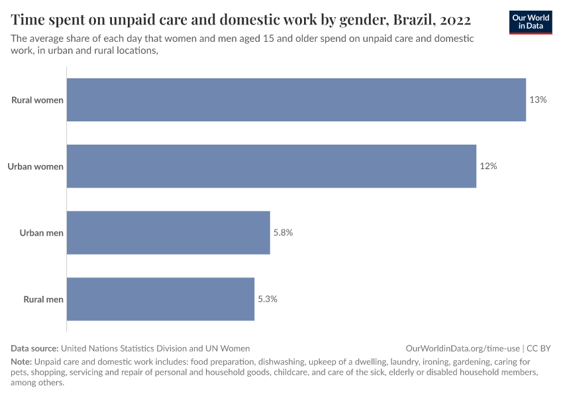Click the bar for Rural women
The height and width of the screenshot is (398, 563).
click(x=296, y=100)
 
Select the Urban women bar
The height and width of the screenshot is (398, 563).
click(x=272, y=166)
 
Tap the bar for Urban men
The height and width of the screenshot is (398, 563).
click(x=168, y=233)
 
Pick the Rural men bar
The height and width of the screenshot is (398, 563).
click(x=160, y=299)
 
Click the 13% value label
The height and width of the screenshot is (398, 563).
click(x=538, y=100)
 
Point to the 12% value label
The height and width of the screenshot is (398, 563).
click(x=488, y=166)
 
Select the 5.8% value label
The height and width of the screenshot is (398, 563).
click(x=283, y=233)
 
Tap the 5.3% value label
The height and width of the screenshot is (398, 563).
click(x=267, y=299)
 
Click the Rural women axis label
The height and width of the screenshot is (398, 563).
click(x=37, y=100)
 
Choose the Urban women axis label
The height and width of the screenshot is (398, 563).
click(x=35, y=166)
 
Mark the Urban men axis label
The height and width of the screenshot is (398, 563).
click(x=41, y=233)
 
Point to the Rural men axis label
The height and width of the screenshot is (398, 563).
click(x=43, y=299)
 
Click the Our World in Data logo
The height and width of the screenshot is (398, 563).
click(x=531, y=22)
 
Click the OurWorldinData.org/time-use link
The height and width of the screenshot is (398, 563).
click(x=462, y=348)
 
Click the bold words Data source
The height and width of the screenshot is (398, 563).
click(x=34, y=348)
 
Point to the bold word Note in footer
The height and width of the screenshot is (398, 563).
click(x=21, y=362)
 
